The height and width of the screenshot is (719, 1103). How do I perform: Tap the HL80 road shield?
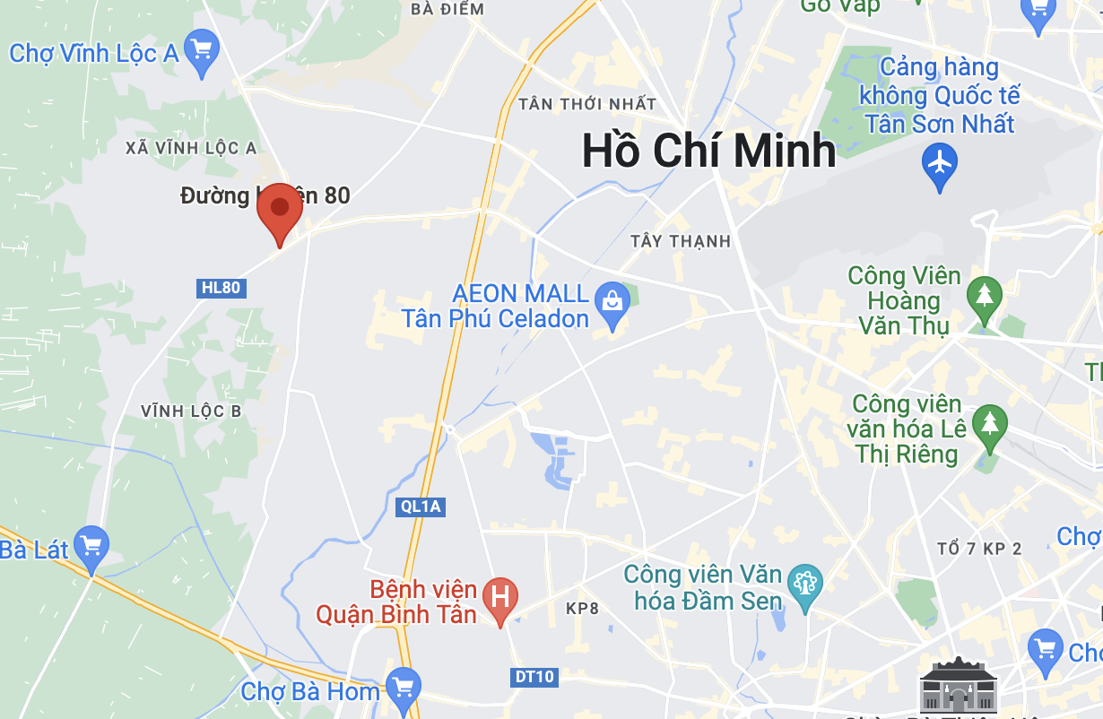coord(221,288)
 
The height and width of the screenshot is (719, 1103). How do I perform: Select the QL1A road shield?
coord(421,507)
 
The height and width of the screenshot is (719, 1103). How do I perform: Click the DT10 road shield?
coord(534,676)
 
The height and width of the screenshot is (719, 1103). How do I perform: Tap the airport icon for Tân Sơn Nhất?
coord(940,165)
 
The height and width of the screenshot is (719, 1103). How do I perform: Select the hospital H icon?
coord(500,596)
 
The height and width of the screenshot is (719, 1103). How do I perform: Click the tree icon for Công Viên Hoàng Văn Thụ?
coord(985,295)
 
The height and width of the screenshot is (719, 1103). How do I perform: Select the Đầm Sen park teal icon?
coord(804,585)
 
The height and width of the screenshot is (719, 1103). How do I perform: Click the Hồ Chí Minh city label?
coord(708,151)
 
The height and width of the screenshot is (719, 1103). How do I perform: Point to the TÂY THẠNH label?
coord(681,241)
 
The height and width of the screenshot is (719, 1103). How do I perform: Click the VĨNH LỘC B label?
coord(191,411)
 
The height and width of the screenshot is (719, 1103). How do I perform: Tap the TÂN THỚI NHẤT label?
coord(587,104)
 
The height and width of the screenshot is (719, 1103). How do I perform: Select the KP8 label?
coord(582,609)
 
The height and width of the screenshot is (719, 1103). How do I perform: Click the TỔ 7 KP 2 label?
coord(978,548)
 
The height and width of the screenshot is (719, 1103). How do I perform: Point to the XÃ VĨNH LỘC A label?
coord(191,148)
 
